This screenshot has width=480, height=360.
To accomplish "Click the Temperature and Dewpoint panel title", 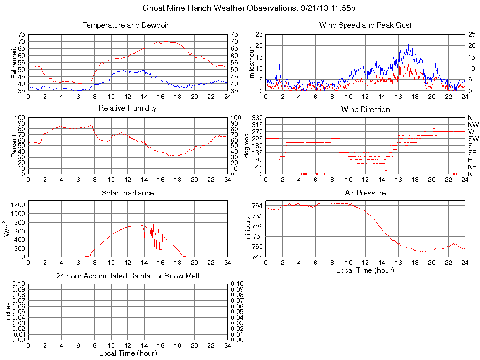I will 127,25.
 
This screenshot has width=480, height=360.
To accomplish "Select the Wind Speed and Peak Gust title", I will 365,25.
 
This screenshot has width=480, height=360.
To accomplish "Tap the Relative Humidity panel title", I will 127,108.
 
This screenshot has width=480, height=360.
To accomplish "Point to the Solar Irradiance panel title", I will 127,193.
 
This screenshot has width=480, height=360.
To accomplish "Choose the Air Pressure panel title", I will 365,193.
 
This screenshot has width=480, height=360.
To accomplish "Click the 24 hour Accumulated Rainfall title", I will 127,276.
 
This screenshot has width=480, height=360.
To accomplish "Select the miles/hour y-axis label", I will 252,63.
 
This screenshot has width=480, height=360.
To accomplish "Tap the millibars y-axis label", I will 248,229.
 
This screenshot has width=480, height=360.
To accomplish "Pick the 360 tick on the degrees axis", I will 257,118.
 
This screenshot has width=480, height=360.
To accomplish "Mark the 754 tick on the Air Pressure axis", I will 257,206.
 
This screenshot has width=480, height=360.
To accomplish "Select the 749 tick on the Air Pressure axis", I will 257,257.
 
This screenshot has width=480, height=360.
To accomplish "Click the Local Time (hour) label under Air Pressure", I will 365,270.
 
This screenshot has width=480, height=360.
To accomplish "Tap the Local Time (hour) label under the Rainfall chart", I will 127,353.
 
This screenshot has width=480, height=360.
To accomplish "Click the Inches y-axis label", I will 8,312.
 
